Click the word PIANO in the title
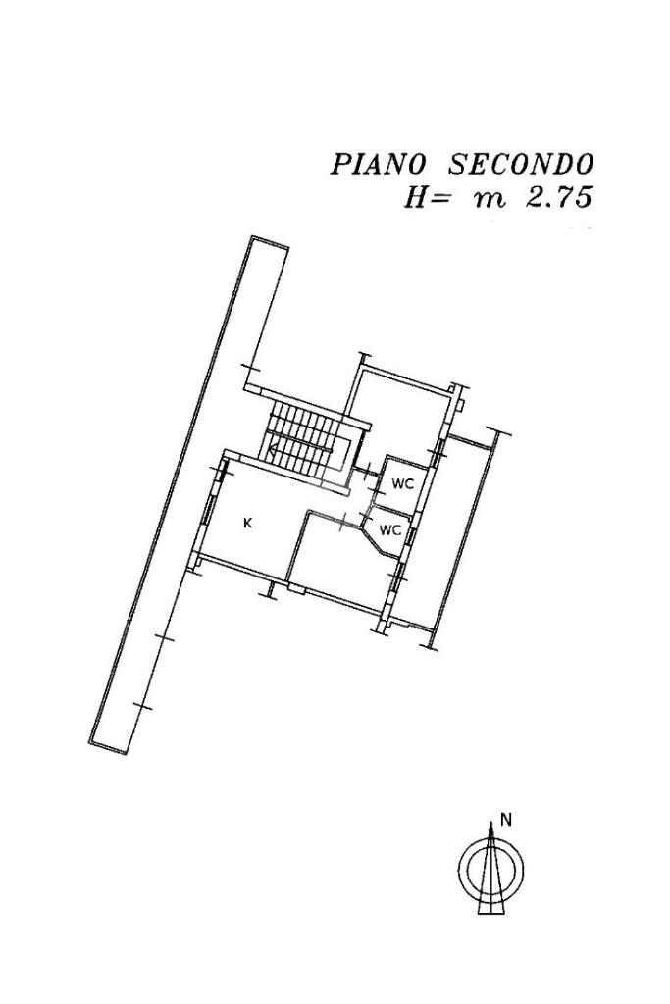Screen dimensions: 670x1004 (x=378, y=164)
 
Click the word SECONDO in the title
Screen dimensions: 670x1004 (x=520, y=164)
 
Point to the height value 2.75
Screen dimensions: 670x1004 (x=557, y=197)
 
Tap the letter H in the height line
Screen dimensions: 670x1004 (x=414, y=197)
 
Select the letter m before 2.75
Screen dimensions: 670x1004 (x=489, y=199)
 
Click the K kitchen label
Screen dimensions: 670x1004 (x=248, y=524)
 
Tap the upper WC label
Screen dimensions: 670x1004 (x=402, y=484)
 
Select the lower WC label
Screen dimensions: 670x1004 (x=390, y=530)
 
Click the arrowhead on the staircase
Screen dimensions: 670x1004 (x=274, y=451)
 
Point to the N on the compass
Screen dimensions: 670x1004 (x=506, y=818)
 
